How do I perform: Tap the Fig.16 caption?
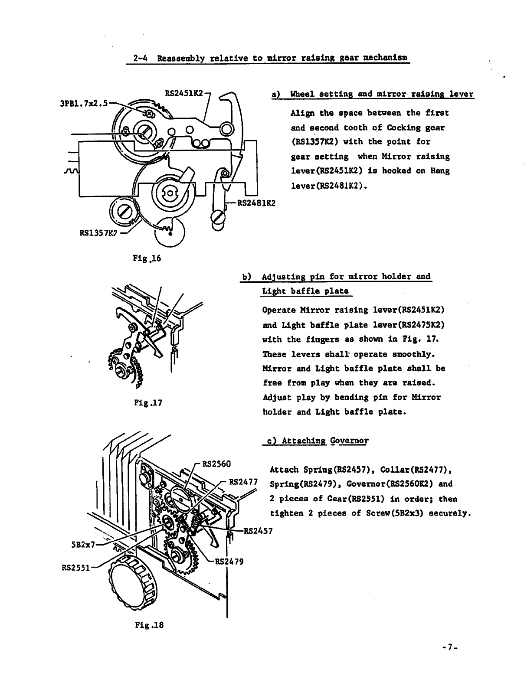pyautogui.click(x=146, y=258)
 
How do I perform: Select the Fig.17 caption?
pyautogui.click(x=148, y=402)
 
